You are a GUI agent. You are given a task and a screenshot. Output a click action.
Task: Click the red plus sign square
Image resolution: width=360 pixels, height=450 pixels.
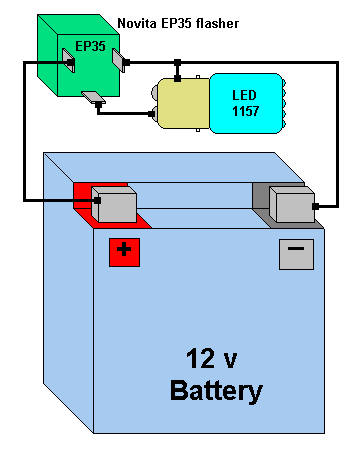click(x=124, y=252)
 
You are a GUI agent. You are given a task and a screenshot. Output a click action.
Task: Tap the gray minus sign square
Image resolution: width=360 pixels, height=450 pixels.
click(x=296, y=254)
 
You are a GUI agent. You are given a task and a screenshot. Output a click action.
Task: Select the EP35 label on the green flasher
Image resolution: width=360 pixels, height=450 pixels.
click(x=90, y=46)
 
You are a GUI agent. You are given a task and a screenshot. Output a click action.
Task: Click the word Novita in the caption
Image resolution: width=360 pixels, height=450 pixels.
click(x=137, y=23)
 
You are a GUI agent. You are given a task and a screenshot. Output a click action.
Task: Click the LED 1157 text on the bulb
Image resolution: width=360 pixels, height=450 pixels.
click(x=245, y=103)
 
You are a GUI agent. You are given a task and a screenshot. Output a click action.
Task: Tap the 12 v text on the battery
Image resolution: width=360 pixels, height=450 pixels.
click(x=212, y=359)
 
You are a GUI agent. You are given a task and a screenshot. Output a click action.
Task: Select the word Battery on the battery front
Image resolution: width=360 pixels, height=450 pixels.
click(x=216, y=391)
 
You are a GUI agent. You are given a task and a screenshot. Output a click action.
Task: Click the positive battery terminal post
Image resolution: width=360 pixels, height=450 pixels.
click(x=114, y=204)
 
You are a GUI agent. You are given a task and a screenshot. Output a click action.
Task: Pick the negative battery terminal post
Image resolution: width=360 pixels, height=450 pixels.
click(x=292, y=204)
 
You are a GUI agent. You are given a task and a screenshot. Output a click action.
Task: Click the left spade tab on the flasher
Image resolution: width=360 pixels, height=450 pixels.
click(x=68, y=60)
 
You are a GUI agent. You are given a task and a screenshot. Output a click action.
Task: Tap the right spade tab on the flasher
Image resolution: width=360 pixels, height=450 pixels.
click(x=119, y=60)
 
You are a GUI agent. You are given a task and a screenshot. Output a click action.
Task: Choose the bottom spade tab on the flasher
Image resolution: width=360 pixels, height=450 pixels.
click(x=94, y=97)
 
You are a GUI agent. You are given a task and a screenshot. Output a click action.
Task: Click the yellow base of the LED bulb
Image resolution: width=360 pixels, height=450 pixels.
click(x=184, y=103)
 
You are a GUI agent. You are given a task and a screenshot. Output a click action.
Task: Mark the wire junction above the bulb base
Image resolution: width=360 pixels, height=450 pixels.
click(x=178, y=62)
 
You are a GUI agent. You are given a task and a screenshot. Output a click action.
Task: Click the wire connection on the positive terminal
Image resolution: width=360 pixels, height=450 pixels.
click(x=97, y=200)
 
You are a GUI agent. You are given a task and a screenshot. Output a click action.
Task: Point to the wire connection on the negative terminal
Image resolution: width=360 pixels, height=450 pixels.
click(x=315, y=206)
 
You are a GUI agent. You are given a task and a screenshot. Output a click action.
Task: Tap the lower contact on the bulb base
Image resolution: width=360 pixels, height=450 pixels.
click(x=154, y=113)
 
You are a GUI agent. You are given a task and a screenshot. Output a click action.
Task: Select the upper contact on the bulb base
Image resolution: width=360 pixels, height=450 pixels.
click(x=154, y=91)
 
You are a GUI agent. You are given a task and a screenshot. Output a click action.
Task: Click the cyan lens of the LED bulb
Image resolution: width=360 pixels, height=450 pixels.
click(x=247, y=103)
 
